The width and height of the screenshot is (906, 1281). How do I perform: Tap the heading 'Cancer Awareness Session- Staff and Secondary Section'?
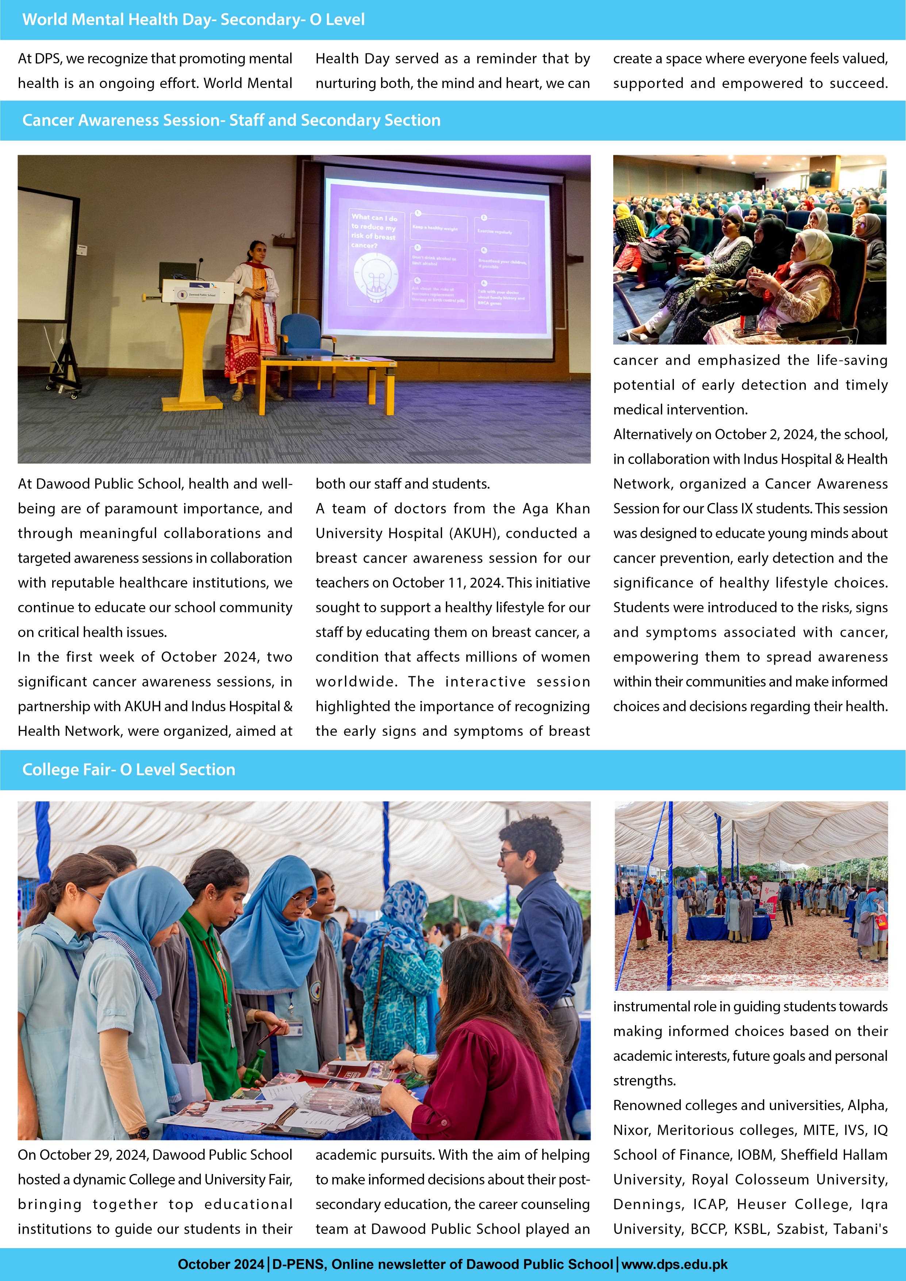pos(231,121)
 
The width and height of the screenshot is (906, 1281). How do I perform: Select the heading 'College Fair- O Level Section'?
pos(128,769)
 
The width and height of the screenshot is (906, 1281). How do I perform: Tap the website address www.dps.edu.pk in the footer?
pos(675,1264)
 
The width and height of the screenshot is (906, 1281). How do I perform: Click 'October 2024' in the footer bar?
pos(221,1264)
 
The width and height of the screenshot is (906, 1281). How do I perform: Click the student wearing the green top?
pos(206,982)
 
